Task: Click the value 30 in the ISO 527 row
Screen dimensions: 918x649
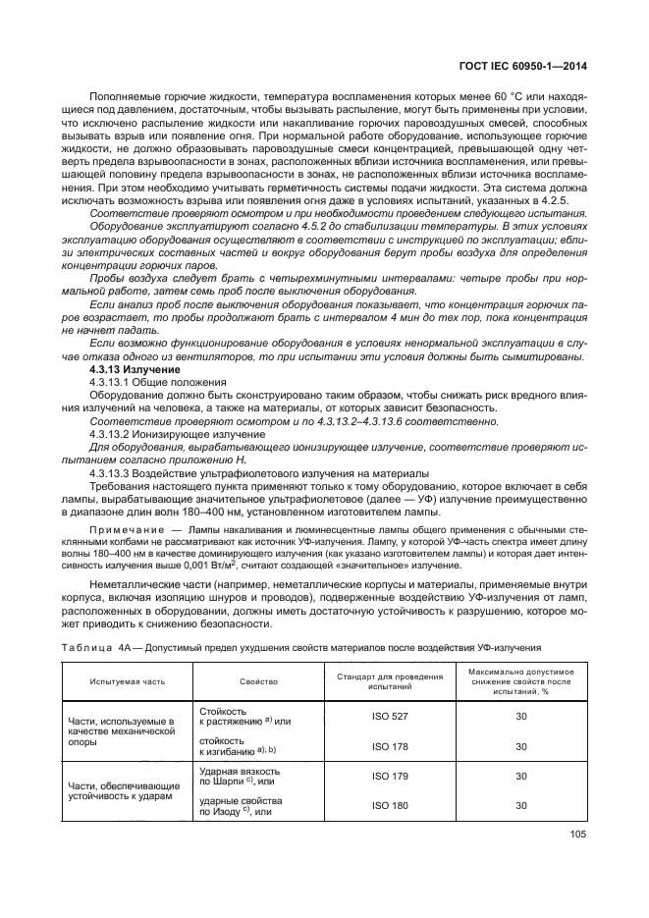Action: coord(520,717)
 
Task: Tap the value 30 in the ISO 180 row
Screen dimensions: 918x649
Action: coord(520,805)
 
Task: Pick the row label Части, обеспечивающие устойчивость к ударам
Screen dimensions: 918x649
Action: coord(123,790)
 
